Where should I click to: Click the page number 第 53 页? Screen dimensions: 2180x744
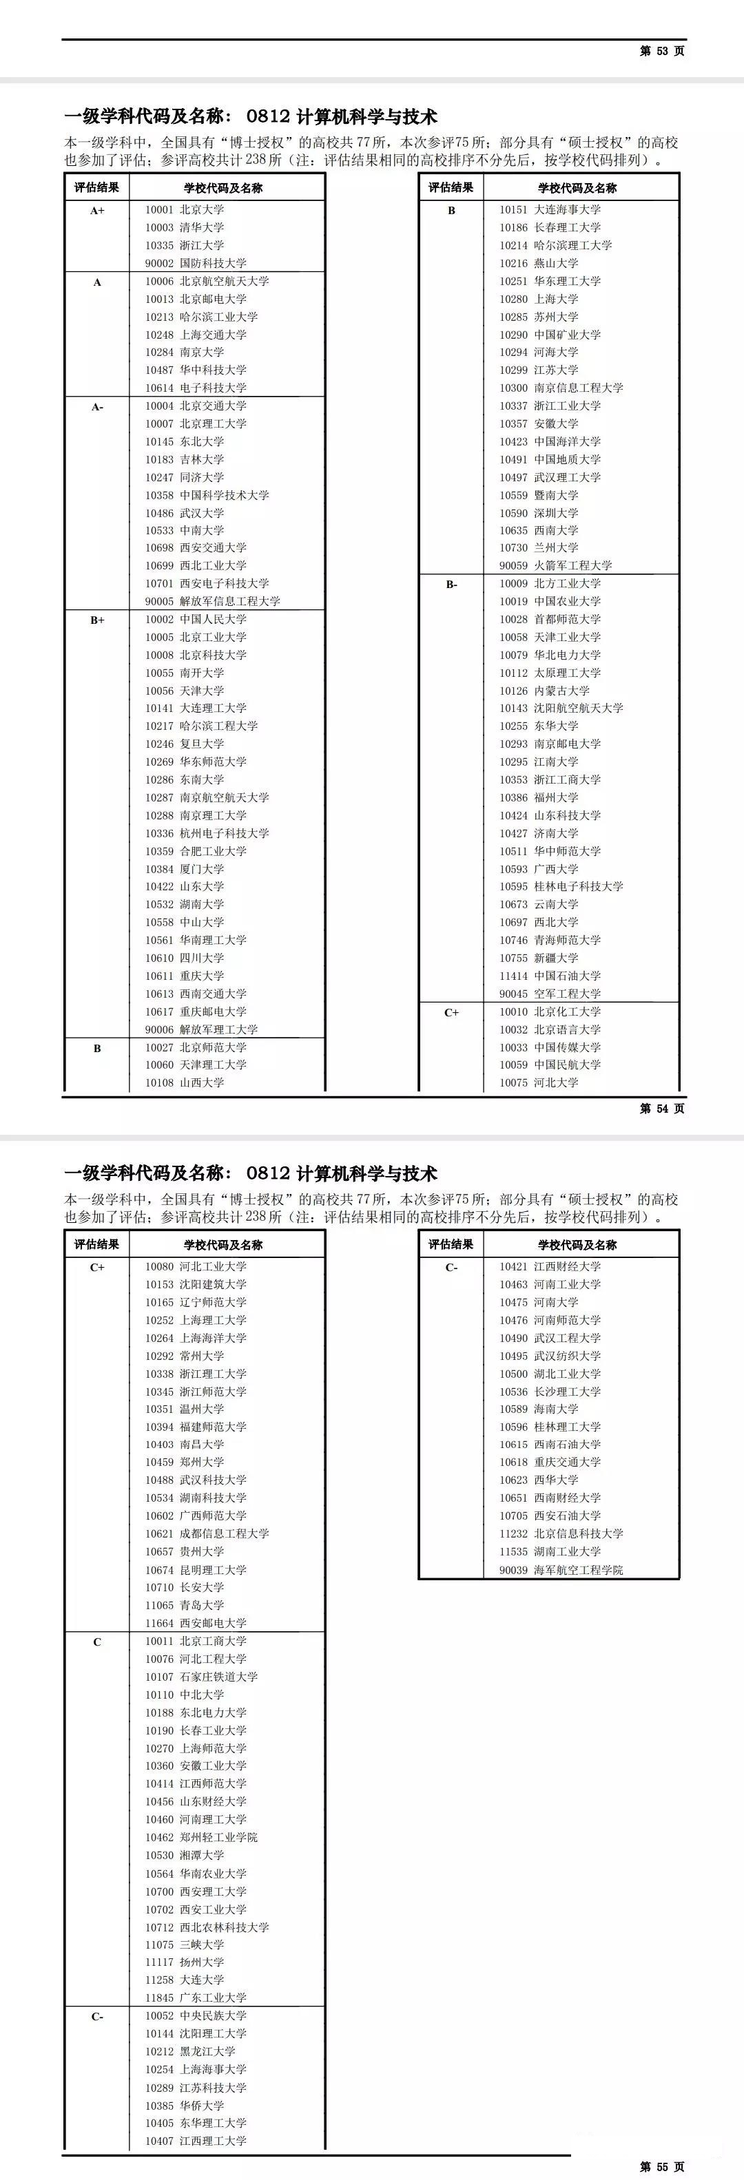click(662, 51)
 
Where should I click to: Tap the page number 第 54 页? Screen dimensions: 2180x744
click(662, 1108)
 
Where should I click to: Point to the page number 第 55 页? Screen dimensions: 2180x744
click(662, 2166)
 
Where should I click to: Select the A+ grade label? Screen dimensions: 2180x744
click(97, 210)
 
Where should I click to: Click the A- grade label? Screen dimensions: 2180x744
click(97, 407)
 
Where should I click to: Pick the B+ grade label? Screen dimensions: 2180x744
click(97, 620)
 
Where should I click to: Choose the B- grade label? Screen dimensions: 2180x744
click(451, 585)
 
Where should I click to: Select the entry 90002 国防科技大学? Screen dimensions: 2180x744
click(196, 263)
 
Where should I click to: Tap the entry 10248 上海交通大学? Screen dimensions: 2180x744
click(196, 334)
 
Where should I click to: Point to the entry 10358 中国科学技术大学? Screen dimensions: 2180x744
click(207, 495)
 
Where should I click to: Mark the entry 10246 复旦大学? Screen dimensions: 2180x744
click(185, 744)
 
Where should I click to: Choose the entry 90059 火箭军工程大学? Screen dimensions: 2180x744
click(555, 565)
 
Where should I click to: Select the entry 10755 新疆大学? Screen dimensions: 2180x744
click(538, 958)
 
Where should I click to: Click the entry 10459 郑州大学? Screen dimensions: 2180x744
click(185, 1463)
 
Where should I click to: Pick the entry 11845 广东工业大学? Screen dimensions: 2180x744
click(196, 1998)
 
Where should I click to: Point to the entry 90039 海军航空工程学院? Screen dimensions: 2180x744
click(560, 1570)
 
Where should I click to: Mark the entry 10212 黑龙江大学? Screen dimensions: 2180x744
click(190, 2051)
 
